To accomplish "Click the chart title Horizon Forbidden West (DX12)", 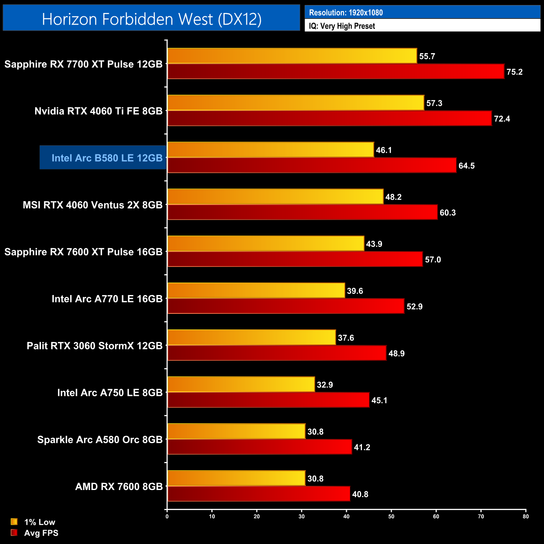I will pos(151,19).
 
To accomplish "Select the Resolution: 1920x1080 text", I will pos(346,13).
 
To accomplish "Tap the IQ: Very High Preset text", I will pos(342,26).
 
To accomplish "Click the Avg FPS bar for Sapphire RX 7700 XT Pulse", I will pos(336,72).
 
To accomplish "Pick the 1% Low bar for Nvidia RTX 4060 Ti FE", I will pos(295,103).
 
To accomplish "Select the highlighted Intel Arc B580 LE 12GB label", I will pos(107,158).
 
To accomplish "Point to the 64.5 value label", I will pos(467,166).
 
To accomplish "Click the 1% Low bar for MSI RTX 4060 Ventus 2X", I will pos(275,197).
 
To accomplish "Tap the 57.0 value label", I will pos(433,259).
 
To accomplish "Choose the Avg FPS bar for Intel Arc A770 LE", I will pos(286,306).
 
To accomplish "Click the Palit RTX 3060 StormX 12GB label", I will pos(95,346).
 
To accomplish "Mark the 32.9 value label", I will pos(325,385).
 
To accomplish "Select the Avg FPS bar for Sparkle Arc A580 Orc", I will pos(259,447).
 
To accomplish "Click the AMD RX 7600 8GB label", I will pos(119,487).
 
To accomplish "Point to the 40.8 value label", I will pos(360,494).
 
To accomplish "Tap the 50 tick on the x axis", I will pos(391,516).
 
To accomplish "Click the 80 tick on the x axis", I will pos(526,516).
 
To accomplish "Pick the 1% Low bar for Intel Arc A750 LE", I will pos(241,384).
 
